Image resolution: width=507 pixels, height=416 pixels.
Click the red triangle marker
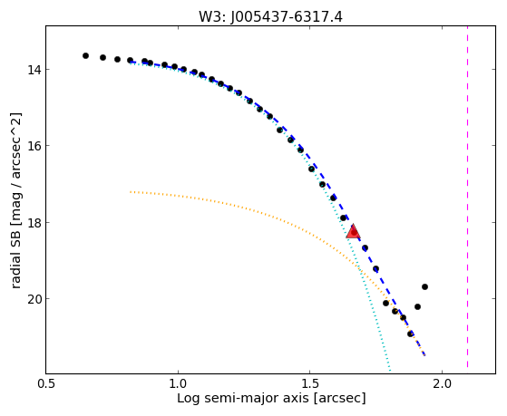353,231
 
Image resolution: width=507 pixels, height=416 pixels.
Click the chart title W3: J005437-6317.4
270,17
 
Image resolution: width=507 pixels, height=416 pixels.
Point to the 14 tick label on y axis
34,70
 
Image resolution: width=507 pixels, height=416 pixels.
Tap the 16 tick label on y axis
34,146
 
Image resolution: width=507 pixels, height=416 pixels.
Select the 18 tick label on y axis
34,222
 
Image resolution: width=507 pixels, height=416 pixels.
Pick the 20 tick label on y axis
34,299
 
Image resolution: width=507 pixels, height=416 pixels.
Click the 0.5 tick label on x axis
46,383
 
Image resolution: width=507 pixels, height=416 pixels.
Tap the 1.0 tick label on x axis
178,383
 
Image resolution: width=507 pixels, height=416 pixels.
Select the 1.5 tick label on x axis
310,383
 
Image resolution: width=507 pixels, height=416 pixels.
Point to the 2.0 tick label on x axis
442,383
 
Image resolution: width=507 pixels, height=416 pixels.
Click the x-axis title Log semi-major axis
242,399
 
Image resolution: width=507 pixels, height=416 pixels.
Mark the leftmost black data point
85,55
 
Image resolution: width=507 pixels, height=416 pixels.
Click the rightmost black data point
424,286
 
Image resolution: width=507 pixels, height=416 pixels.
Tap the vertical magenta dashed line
467,197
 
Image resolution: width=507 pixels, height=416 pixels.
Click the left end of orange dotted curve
131,192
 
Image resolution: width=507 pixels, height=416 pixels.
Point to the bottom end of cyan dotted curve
390,371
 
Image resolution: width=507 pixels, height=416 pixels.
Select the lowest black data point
410,334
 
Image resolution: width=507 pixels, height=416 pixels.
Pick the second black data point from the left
102,57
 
